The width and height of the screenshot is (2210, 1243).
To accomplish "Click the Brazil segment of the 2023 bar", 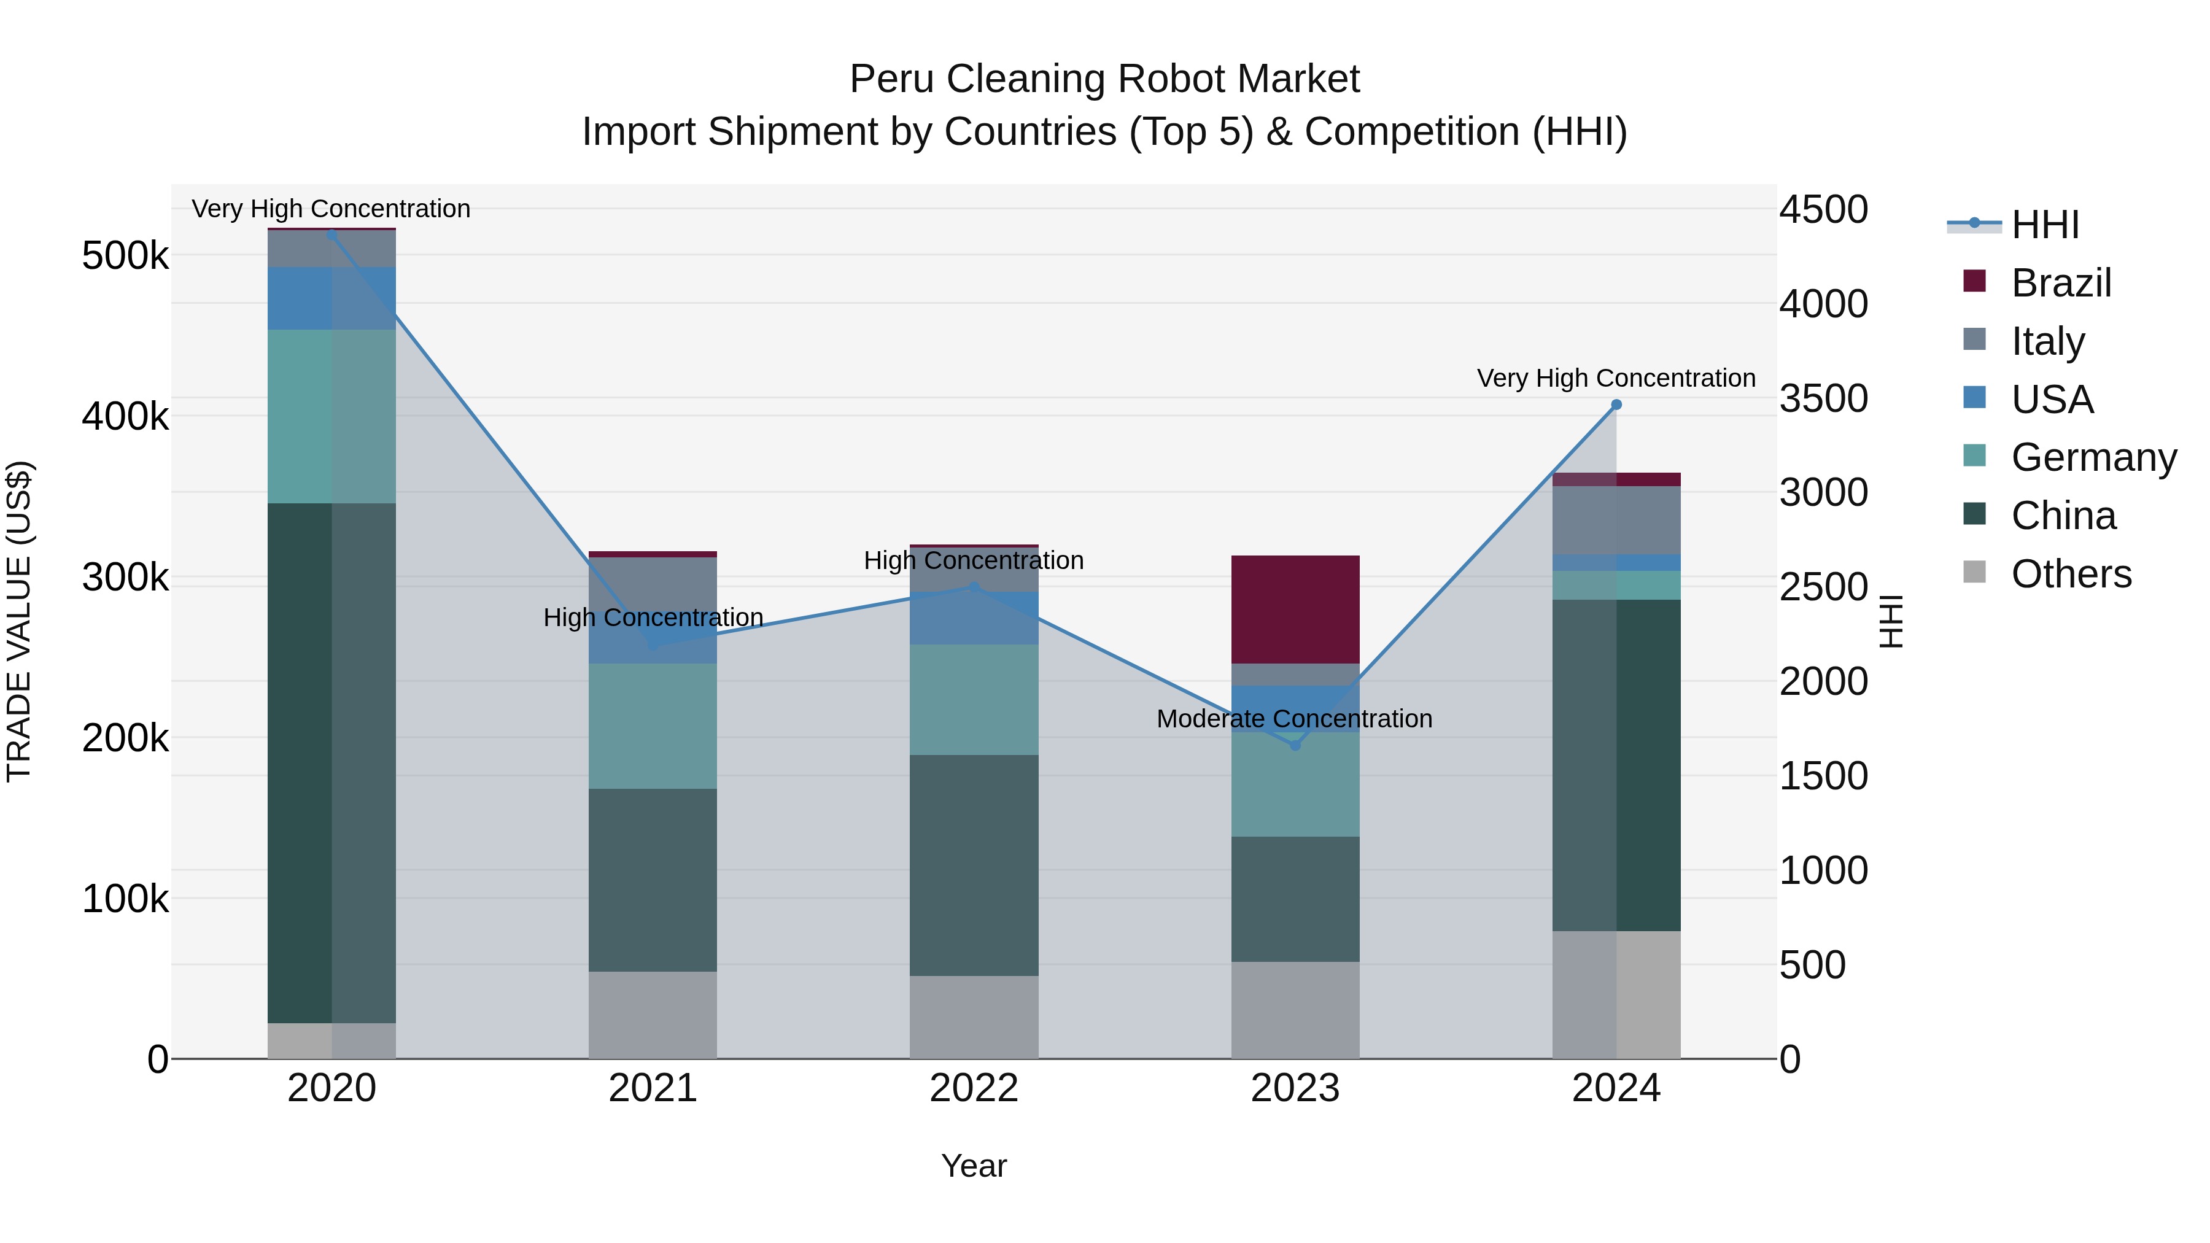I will (x=1295, y=609).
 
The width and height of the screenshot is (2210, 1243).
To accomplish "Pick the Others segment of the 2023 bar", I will (x=1295, y=1010).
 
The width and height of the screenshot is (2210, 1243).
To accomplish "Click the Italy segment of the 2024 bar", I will (x=1616, y=520).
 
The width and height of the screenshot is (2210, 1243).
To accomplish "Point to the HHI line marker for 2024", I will (x=1616, y=405).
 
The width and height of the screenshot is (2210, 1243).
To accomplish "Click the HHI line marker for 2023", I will (x=1295, y=745).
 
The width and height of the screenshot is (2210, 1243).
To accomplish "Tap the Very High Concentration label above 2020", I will (x=330, y=209).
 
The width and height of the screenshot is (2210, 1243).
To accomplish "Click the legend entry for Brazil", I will (x=2060, y=283).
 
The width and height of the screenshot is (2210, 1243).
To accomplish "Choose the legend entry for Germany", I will (x=2093, y=457).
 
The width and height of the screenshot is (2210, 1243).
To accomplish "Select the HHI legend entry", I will (x=2044, y=225).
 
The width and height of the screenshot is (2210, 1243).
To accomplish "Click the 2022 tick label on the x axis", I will (x=974, y=1088).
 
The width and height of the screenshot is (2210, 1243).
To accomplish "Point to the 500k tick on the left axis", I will (x=125, y=255).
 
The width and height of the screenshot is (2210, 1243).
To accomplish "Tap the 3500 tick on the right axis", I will (x=1823, y=399).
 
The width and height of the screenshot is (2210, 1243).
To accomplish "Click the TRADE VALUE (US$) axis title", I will (x=19, y=621).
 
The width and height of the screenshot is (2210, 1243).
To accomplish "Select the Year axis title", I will (x=974, y=1166).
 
